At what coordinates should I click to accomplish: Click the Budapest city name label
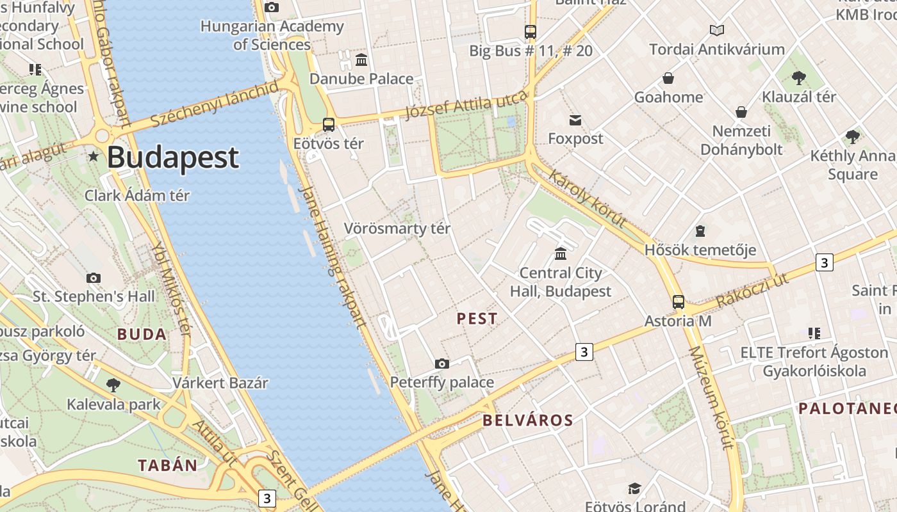click(x=173, y=157)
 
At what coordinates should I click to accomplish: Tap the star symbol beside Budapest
click(x=94, y=156)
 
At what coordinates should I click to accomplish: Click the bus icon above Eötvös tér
click(x=329, y=125)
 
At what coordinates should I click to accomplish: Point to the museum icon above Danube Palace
click(x=361, y=60)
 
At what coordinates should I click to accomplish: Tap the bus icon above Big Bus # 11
click(x=531, y=31)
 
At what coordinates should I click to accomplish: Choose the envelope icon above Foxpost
click(x=575, y=120)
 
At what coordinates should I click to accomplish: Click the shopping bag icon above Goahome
click(x=668, y=78)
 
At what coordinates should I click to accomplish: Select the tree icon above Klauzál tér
click(x=798, y=78)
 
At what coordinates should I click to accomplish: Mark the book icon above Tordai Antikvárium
click(x=716, y=30)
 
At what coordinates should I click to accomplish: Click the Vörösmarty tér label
click(x=397, y=228)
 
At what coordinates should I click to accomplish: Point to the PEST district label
click(x=477, y=319)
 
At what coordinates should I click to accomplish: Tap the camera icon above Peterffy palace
click(x=442, y=364)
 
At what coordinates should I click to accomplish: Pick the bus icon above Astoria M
click(x=678, y=302)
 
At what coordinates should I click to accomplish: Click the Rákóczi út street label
click(x=752, y=291)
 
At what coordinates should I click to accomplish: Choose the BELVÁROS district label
click(x=528, y=420)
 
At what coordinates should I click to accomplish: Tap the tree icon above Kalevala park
click(x=113, y=385)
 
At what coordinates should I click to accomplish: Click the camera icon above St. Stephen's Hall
click(x=94, y=278)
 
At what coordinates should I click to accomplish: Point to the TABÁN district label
click(x=168, y=465)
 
